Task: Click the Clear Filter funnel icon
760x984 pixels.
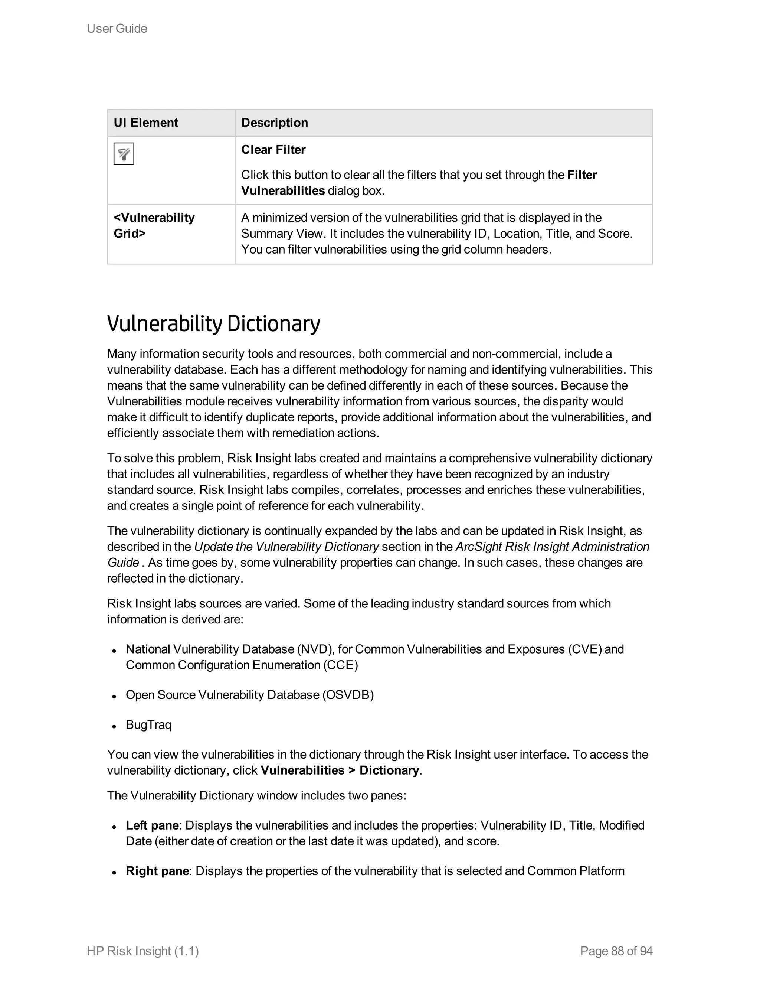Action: (124, 154)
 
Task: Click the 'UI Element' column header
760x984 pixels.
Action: (146, 123)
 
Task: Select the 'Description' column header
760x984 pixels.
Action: (275, 123)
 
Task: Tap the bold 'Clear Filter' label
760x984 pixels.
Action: (273, 150)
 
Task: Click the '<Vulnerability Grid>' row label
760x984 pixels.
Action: (154, 225)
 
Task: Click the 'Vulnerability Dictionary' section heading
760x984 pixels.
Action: (213, 323)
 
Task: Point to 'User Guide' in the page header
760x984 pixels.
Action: (117, 28)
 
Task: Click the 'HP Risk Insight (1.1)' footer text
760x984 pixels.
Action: (143, 951)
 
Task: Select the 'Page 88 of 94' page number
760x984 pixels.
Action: (616, 951)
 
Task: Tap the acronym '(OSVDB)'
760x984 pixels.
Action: (348, 695)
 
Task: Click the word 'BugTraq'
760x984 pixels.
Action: (148, 724)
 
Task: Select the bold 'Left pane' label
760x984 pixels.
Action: (152, 825)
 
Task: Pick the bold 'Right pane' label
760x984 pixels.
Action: (157, 871)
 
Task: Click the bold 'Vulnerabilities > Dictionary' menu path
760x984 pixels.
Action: (340, 770)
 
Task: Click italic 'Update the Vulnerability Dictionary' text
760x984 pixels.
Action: (286, 547)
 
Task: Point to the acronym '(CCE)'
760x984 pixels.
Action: (340, 665)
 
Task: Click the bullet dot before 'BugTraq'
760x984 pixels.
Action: (115, 726)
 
